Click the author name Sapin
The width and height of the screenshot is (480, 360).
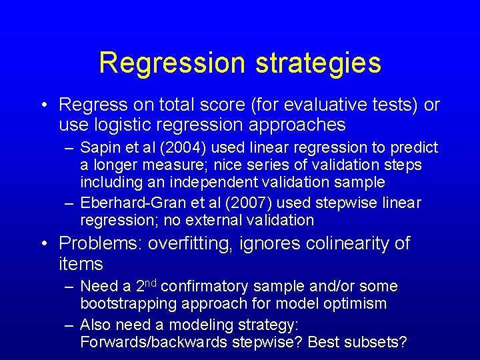(99, 147)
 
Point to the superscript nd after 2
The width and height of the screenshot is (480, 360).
(151, 283)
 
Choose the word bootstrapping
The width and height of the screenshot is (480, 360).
(127, 303)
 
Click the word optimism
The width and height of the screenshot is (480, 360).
(359, 303)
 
